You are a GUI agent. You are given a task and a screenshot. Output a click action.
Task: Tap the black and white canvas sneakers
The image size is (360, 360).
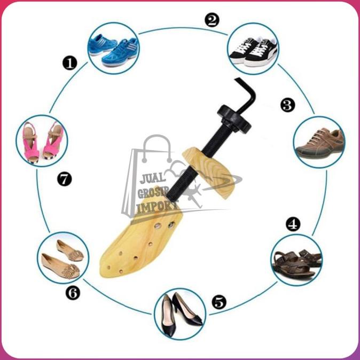click(x=253, y=49)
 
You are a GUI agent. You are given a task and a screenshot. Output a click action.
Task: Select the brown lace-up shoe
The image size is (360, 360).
click(x=319, y=143)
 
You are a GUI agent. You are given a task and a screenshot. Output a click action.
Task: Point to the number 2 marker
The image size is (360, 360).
click(x=212, y=21)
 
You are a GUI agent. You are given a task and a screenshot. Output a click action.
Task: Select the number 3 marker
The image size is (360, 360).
click(x=288, y=105)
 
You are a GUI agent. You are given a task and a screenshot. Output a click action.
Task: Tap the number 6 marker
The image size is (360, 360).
click(x=73, y=293)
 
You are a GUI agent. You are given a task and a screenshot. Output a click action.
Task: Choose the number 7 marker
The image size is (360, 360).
click(x=64, y=179)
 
